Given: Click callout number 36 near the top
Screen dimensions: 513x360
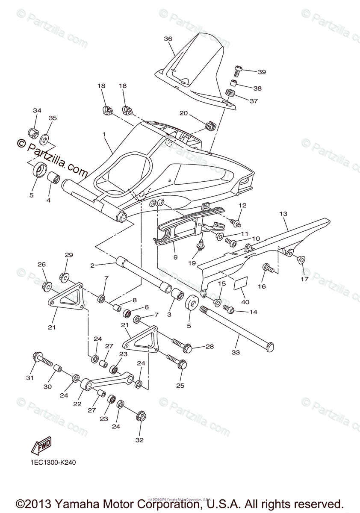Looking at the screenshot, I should pos(168,39).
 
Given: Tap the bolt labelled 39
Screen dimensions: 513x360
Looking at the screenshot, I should pos(239,70).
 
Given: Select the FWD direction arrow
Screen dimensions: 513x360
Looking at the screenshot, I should pos(41,447).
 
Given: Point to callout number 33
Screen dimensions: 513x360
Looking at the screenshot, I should pos(236,352).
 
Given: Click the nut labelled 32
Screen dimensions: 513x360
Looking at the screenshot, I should pos(142,416).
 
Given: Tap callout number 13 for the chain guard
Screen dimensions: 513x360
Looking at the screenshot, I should pos(283,213).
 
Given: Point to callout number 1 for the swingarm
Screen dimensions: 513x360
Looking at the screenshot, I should pos(103,134).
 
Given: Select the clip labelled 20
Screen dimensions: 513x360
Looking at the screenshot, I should pos(210,126).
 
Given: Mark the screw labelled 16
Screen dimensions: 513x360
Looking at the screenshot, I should pos(268,268).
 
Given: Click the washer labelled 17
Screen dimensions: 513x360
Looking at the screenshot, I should pos(301,259).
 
